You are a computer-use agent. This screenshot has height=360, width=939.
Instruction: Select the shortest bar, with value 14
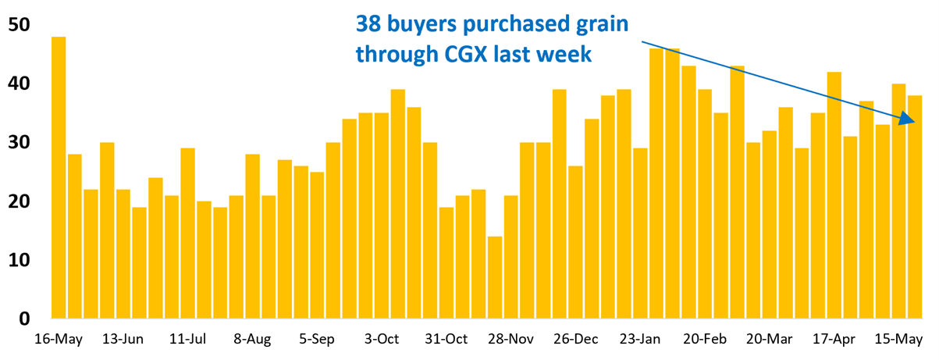[x=495, y=277]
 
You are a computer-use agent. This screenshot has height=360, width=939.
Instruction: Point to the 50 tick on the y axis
[x=19, y=25]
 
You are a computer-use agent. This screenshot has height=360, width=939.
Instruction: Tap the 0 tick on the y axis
[x=24, y=319]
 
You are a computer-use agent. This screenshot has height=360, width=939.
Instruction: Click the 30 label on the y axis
[x=19, y=143]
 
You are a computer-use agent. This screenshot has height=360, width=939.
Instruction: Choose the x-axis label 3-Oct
[x=382, y=340]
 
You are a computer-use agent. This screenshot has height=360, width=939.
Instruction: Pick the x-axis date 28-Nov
[x=511, y=340]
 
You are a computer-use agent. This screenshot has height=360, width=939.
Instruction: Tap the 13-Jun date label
[x=123, y=340]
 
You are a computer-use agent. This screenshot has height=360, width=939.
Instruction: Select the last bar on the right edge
[x=915, y=207]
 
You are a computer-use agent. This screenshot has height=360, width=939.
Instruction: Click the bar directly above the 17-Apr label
[x=834, y=195]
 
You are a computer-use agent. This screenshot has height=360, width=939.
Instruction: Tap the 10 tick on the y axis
[x=19, y=260]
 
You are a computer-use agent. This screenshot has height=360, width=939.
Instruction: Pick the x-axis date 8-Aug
[x=252, y=340]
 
